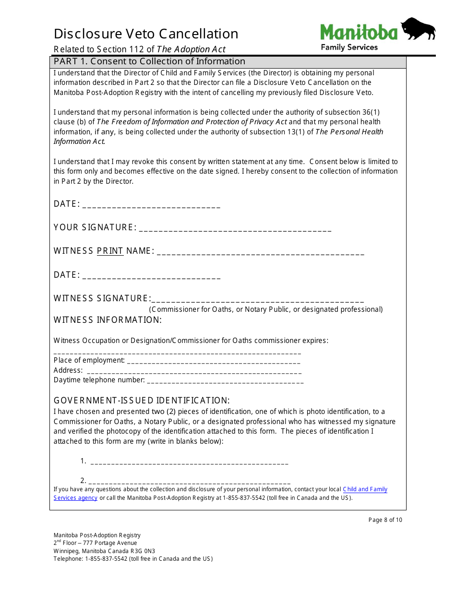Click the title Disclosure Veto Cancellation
146,34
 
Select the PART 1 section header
149,61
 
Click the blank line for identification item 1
189,463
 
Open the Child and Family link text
365,489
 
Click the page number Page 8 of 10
385,520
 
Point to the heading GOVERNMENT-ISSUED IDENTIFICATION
142,401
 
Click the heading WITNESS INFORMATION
108,320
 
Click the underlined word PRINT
110,251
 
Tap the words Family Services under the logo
349,47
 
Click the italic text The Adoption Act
191,49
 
